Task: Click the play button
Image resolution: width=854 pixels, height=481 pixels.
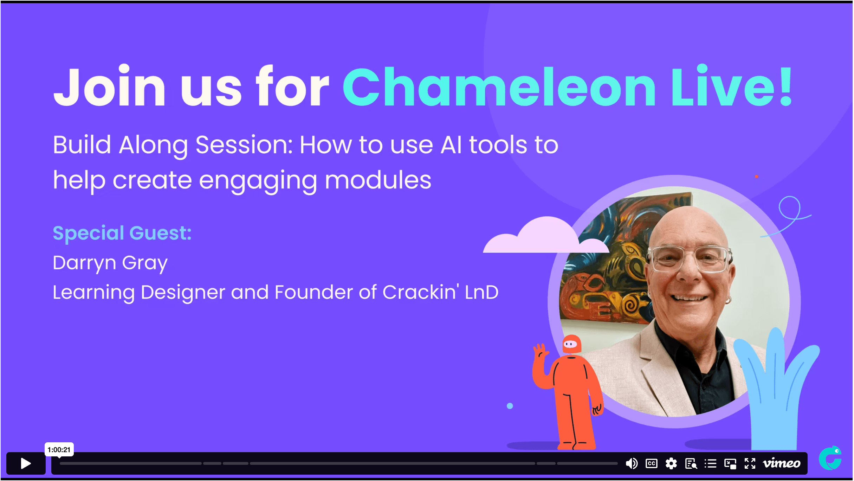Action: [26, 463]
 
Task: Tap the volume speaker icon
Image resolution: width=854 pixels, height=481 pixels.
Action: [632, 463]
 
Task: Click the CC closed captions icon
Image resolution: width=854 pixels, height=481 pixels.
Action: [652, 463]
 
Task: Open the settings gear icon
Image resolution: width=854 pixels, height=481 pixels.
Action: [671, 463]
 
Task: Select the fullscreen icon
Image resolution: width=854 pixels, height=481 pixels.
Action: [750, 463]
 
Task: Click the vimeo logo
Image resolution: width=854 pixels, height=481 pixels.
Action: [782, 463]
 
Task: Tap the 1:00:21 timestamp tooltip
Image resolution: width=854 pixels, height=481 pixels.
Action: [59, 449]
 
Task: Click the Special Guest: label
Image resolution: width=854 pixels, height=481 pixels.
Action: [122, 233]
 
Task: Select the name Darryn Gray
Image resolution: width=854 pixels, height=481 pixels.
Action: [110, 263]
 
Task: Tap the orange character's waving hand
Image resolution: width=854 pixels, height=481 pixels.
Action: [540, 352]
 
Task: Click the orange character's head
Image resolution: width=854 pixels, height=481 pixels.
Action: [571, 344]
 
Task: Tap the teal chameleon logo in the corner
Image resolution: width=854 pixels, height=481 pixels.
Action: [830, 458]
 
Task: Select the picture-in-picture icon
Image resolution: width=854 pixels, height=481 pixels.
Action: [730, 463]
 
